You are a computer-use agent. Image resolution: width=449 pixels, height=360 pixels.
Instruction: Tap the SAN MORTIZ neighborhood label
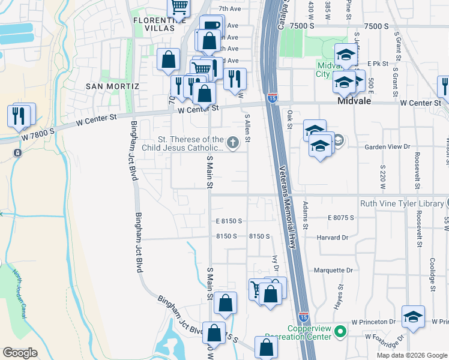(x=113, y=86)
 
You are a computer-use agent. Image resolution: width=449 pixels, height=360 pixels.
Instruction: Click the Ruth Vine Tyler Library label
(x=401, y=203)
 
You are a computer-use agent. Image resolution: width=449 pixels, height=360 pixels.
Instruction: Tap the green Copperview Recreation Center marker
(x=340, y=331)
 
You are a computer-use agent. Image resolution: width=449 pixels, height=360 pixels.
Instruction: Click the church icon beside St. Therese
(x=232, y=142)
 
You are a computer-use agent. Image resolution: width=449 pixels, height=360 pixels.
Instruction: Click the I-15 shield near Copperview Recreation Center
(x=304, y=315)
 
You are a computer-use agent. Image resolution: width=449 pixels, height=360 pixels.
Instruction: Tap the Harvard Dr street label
(x=333, y=238)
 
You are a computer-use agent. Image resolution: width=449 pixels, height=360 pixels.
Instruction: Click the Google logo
(x=20, y=352)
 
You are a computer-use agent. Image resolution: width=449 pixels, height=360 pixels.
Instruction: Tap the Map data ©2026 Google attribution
(x=412, y=355)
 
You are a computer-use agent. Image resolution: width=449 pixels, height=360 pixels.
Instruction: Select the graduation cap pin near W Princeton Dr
(x=413, y=317)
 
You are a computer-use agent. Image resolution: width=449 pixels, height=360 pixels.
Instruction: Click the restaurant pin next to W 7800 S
(x=19, y=115)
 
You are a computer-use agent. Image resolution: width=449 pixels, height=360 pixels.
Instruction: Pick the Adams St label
(x=305, y=215)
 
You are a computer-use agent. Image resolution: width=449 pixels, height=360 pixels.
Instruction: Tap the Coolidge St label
(x=432, y=272)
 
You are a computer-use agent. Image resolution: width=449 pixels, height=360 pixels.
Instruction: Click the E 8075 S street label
(x=339, y=218)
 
